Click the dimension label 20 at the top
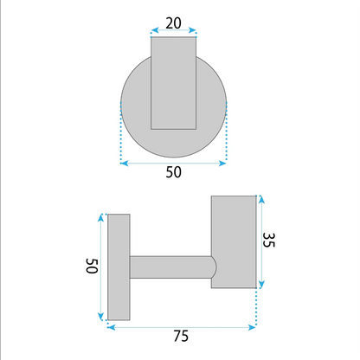click(x=173, y=23)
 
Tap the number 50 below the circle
click(x=173, y=172)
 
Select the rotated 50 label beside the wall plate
click(x=92, y=266)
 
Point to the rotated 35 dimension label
click(x=269, y=240)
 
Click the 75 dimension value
click(x=181, y=336)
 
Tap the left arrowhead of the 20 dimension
click(x=155, y=30)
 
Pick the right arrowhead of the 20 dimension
click(x=192, y=30)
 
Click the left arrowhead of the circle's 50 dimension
click(x=124, y=164)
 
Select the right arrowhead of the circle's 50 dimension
click(x=222, y=164)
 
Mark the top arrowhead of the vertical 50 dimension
click(x=100, y=217)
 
